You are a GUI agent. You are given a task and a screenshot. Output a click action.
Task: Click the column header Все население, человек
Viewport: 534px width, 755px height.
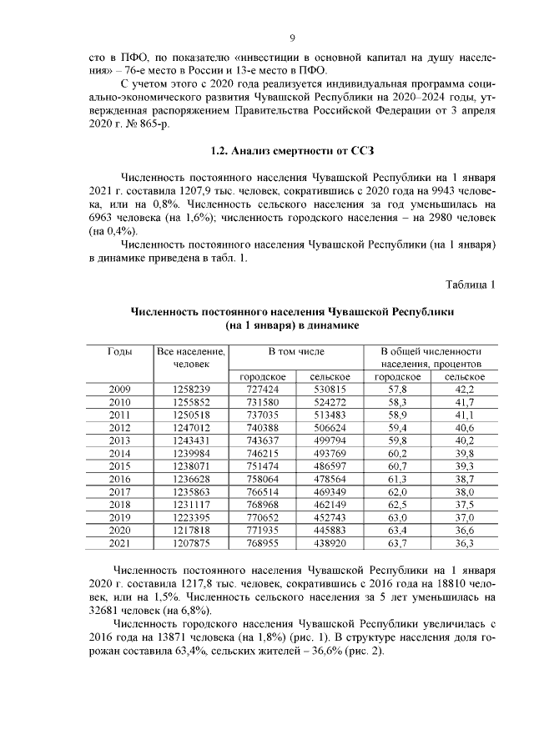point(191,358)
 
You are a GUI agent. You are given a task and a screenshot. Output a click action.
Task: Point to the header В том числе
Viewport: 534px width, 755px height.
point(295,352)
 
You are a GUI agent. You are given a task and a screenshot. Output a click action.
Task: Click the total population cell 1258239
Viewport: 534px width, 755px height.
point(191,390)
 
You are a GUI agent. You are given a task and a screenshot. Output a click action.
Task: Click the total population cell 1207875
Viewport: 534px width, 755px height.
point(191,542)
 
